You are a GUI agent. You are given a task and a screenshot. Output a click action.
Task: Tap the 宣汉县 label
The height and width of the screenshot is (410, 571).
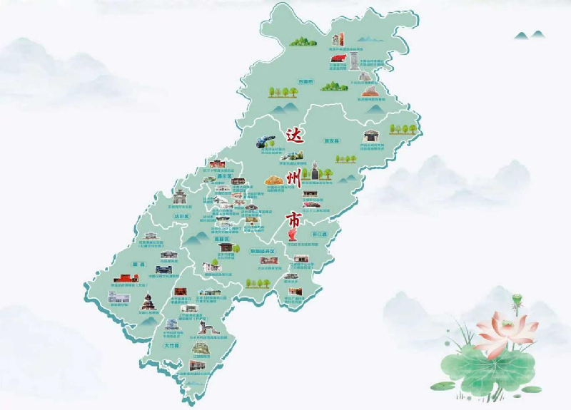[x=330, y=140]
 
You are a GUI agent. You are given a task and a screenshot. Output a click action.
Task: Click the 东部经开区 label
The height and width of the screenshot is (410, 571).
[x=261, y=251]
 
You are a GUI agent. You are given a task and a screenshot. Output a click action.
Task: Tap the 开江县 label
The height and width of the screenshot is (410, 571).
[x=318, y=233]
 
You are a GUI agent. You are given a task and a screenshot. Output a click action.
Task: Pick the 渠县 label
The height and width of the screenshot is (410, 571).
[x=138, y=264]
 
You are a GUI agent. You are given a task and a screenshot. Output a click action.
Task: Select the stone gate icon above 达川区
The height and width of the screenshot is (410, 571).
[x=181, y=198]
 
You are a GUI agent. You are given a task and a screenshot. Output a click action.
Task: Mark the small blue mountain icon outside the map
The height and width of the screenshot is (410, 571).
[x=529, y=34]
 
